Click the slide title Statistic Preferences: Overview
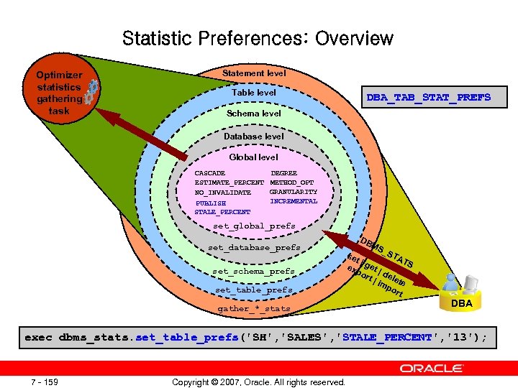point(258,38)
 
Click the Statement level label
point(254,73)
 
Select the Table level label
point(254,93)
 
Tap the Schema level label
point(254,114)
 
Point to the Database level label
point(254,136)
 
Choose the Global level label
point(253,157)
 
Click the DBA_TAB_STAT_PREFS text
point(428,97)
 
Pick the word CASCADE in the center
point(210,173)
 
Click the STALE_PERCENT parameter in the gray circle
point(222,212)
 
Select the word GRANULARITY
point(293,192)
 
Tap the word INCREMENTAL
point(293,201)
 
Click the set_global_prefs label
point(254,226)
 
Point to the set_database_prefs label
point(254,248)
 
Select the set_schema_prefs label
point(254,272)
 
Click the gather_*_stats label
point(254,309)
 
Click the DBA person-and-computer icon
point(461,285)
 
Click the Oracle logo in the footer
point(432,368)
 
